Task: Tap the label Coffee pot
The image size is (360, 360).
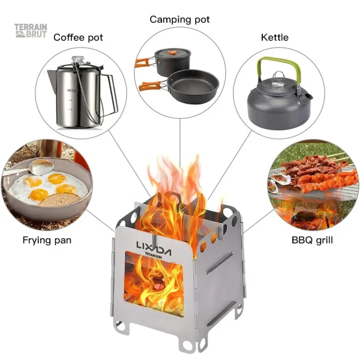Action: (78, 37)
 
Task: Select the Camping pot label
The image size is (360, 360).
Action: (180, 19)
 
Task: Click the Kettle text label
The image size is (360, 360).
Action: (274, 37)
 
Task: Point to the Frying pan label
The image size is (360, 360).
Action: (47, 240)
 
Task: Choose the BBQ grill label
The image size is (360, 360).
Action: (312, 240)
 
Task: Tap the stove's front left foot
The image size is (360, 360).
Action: (121, 329)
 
